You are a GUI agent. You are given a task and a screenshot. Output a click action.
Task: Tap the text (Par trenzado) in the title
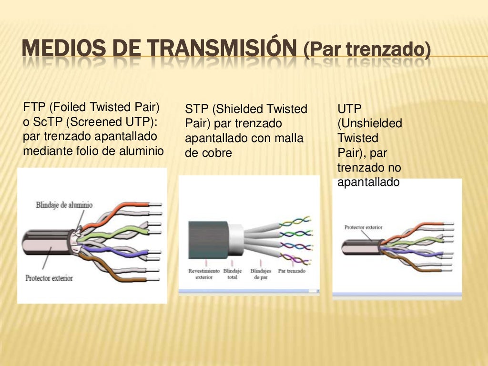366,50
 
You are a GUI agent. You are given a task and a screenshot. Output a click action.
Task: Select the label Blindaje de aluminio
64,205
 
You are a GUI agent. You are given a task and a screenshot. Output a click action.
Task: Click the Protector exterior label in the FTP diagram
49,277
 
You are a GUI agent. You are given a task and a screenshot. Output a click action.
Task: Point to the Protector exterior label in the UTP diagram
363,227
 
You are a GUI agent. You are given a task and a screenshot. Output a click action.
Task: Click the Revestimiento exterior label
204,274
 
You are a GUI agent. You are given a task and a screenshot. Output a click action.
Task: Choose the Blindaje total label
232,274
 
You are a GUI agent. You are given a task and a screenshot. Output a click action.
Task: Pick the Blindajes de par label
260,274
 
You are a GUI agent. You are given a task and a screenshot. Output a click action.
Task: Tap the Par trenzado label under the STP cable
292,271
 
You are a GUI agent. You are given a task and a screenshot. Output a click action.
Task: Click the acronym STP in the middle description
195,109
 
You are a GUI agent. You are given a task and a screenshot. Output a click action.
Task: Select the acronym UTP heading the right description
347,109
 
